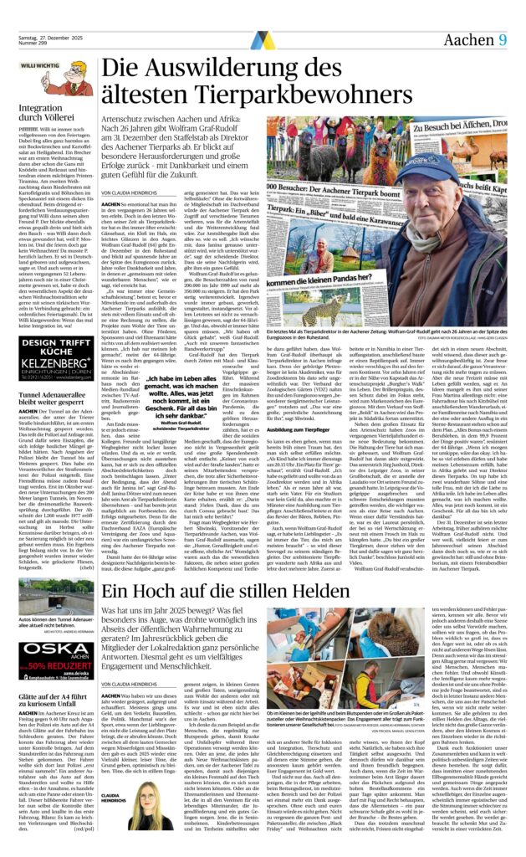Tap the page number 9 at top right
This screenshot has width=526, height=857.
tap(503, 40)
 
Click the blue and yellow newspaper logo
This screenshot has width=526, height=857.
tap(263, 39)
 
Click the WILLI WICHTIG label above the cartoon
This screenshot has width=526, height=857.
tap(38, 64)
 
